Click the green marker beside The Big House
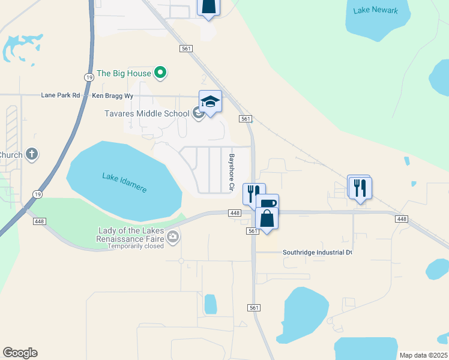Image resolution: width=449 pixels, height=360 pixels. click(x=160, y=73)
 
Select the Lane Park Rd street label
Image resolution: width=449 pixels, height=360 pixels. click(x=61, y=95)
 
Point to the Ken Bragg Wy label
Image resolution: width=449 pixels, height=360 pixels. click(x=112, y=95)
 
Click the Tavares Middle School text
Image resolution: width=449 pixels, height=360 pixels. click(x=146, y=113)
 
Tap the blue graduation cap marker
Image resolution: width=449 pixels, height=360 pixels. click(x=210, y=101)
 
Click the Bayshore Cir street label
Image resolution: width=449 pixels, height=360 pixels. click(x=231, y=173)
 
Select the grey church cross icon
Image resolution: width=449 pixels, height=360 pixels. click(x=32, y=155)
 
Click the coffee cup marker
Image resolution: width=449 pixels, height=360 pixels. click(x=267, y=204)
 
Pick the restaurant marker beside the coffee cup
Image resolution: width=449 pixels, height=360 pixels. click(x=253, y=193)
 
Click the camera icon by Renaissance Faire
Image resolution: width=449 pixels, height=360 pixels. click(x=173, y=236)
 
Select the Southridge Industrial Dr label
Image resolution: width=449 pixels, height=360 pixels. click(x=317, y=253)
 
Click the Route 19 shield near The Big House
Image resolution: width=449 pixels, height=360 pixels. click(x=89, y=77)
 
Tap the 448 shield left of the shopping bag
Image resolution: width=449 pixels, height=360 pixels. click(x=235, y=213)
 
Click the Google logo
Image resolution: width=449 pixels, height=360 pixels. click(x=20, y=353)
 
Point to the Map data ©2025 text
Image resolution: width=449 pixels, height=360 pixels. click(x=423, y=355)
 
